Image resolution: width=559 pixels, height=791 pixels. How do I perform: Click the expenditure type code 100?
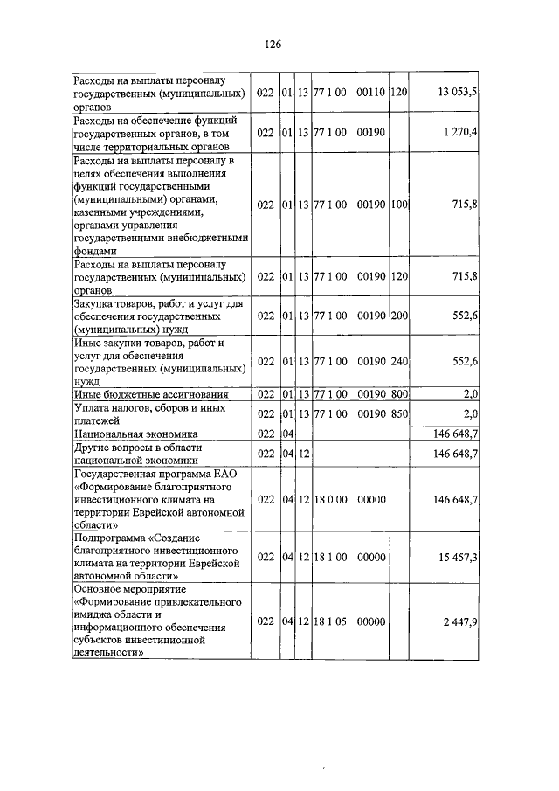pyautogui.click(x=399, y=205)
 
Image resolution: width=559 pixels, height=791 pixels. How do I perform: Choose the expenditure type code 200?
pyautogui.click(x=399, y=315)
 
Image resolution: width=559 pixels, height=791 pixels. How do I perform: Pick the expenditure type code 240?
pyautogui.click(x=399, y=362)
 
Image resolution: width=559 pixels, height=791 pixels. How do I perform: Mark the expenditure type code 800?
pyautogui.click(x=399, y=394)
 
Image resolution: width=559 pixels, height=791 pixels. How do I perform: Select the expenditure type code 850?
pyautogui.click(x=399, y=413)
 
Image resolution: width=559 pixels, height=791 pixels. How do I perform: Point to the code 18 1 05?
pyautogui.click(x=330, y=621)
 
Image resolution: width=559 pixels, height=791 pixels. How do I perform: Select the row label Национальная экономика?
pyautogui.click(x=135, y=434)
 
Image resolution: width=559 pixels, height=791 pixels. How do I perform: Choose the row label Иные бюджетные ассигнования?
pyautogui.click(x=151, y=394)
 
